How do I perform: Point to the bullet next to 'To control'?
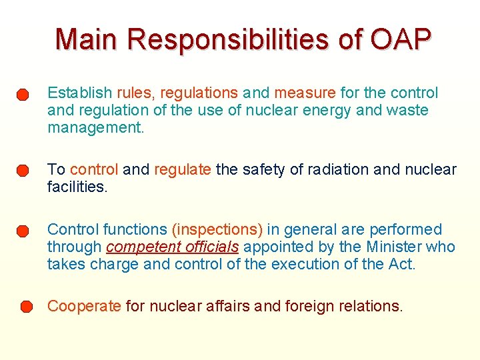click(x=23, y=171)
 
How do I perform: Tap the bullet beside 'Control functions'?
click(x=23, y=231)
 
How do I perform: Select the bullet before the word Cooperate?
click(x=25, y=307)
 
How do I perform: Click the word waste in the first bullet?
click(x=407, y=109)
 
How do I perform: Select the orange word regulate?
click(x=183, y=169)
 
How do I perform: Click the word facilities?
click(x=77, y=187)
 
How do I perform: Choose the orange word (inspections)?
click(x=217, y=229)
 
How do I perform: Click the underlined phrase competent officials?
click(x=172, y=247)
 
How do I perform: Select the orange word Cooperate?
click(x=84, y=306)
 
